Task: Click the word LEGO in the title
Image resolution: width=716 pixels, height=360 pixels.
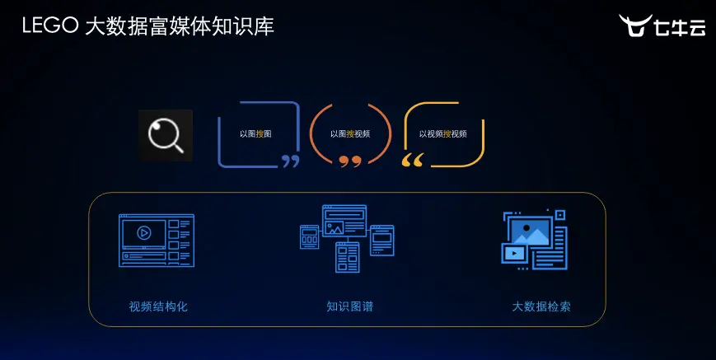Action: pyautogui.click(x=50, y=26)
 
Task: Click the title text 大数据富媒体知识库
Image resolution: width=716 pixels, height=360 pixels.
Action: pyautogui.click(x=180, y=26)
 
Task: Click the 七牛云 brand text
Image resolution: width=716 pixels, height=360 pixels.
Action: pyautogui.click(x=679, y=26)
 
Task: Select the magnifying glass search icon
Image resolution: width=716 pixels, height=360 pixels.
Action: pyautogui.click(x=165, y=134)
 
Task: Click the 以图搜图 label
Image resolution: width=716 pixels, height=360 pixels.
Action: pyautogui.click(x=255, y=133)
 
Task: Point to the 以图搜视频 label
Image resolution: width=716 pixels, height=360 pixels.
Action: pyautogui.click(x=350, y=133)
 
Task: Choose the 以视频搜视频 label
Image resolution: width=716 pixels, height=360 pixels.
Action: pyautogui.click(x=442, y=133)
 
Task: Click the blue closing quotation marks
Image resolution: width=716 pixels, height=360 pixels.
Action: pyautogui.click(x=290, y=161)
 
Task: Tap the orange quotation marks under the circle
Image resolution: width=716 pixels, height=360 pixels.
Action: pyautogui.click(x=350, y=161)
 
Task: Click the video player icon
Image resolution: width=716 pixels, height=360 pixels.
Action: pyautogui.click(x=157, y=241)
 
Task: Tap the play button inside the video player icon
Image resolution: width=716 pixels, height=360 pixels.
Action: pyautogui.click(x=143, y=233)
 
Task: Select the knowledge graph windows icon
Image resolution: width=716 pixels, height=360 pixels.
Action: pyautogui.click(x=347, y=238)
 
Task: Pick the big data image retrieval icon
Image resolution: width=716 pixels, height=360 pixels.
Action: pyautogui.click(x=535, y=240)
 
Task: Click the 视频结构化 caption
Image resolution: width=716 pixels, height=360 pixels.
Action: pyautogui.click(x=158, y=306)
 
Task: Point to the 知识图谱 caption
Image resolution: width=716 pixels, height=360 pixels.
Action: pyautogui.click(x=349, y=306)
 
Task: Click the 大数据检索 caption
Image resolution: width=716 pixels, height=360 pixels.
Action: pyautogui.click(x=541, y=306)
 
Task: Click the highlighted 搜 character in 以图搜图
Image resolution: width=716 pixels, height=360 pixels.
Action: pyautogui.click(x=260, y=133)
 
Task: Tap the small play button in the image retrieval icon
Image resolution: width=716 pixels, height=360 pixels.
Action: pyautogui.click(x=514, y=254)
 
